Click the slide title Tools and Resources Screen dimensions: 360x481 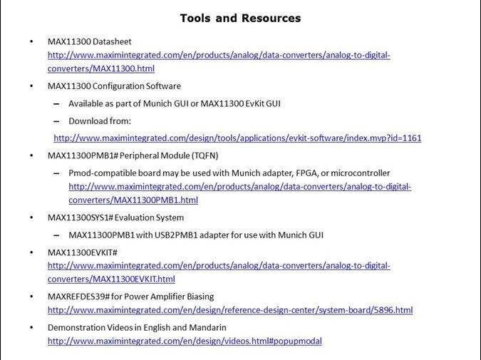coord(240,18)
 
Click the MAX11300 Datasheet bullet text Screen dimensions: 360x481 coord(89,42)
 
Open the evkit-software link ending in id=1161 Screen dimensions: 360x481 coord(237,138)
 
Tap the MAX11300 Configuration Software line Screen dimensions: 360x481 coord(114,86)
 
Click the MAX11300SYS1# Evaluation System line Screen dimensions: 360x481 coord(115,217)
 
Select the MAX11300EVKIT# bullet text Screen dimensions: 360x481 coord(82,252)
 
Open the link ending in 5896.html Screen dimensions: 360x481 coord(230,310)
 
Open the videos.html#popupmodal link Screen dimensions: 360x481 coord(185,341)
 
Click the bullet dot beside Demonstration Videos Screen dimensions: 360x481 coord(31,327)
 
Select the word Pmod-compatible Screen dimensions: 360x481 coord(103,173)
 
